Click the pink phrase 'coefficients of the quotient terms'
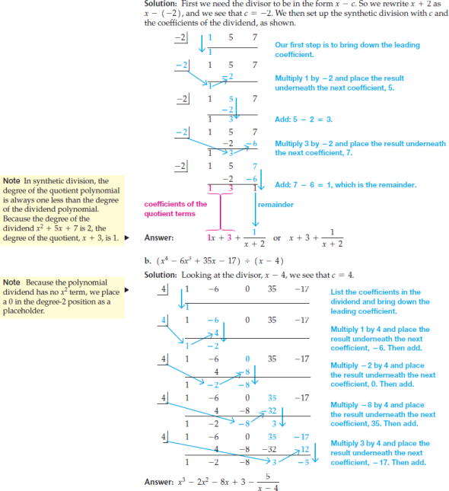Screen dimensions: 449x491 click(x=176, y=209)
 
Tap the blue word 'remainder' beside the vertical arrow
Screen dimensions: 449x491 click(x=275, y=205)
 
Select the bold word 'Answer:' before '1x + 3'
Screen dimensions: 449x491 click(x=159, y=238)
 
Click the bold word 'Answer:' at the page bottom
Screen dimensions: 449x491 click(x=159, y=482)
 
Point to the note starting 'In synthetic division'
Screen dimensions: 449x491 click(x=62, y=209)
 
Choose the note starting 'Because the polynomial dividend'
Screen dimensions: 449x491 click(x=62, y=297)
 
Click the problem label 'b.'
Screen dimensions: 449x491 click(x=148, y=261)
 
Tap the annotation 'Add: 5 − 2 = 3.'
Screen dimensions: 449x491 click(x=304, y=120)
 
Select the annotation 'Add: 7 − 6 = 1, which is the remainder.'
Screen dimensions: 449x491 click(x=346, y=185)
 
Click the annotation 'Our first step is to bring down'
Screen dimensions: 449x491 click(x=347, y=49)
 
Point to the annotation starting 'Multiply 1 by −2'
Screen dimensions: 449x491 click(x=339, y=83)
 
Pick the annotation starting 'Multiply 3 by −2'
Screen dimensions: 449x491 click(x=361, y=148)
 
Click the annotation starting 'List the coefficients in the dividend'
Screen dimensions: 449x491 click(x=380, y=301)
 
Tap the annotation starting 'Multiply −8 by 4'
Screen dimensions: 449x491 click(x=383, y=414)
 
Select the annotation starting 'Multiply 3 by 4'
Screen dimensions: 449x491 click(x=380, y=453)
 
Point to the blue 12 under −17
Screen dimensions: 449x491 click(x=305, y=450)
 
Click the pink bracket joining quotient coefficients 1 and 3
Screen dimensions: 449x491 click(x=221, y=211)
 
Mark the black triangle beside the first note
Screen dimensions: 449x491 click(x=127, y=238)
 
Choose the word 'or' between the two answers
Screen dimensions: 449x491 click(x=277, y=238)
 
